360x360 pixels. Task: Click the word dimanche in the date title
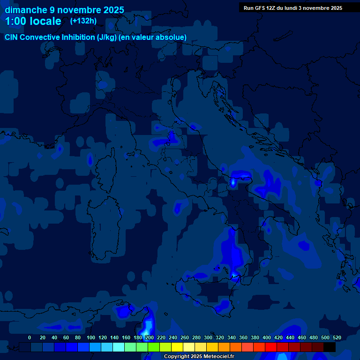26,10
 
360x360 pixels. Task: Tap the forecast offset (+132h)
83,21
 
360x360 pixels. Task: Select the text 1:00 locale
33,21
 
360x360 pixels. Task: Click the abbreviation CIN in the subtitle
12,37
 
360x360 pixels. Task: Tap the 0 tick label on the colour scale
30,337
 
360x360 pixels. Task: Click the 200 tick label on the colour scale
150,337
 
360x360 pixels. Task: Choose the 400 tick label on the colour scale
267,337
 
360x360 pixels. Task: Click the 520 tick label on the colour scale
337,337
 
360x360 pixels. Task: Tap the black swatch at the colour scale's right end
330,347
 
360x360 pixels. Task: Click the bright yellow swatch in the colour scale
177,347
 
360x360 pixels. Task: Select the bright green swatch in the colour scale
153,347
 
